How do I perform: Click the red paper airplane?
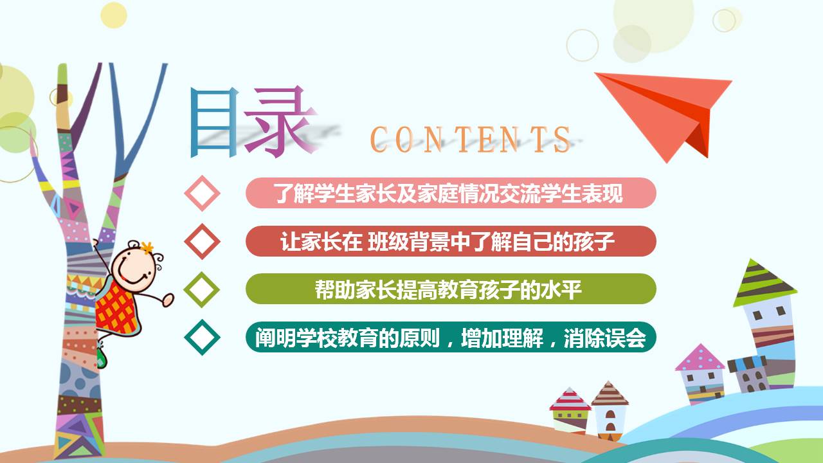pyautogui.click(x=669, y=109)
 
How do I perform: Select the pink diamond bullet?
pyautogui.click(x=202, y=193)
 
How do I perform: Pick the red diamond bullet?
pyautogui.click(x=202, y=241)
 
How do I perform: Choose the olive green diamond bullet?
pyautogui.click(x=202, y=289)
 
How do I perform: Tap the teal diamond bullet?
pyautogui.click(x=202, y=336)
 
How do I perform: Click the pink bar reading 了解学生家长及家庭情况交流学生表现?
pyautogui.click(x=450, y=193)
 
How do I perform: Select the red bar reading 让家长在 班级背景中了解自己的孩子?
pyautogui.click(x=450, y=241)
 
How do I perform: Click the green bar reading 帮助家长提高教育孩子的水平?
pyautogui.click(x=450, y=289)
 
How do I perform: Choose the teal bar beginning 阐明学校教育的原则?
pyautogui.click(x=450, y=336)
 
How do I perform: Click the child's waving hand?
pyautogui.click(x=168, y=298)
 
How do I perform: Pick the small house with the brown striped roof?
pyautogui.click(x=609, y=408)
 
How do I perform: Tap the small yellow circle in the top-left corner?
pyautogui.click(x=114, y=14)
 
